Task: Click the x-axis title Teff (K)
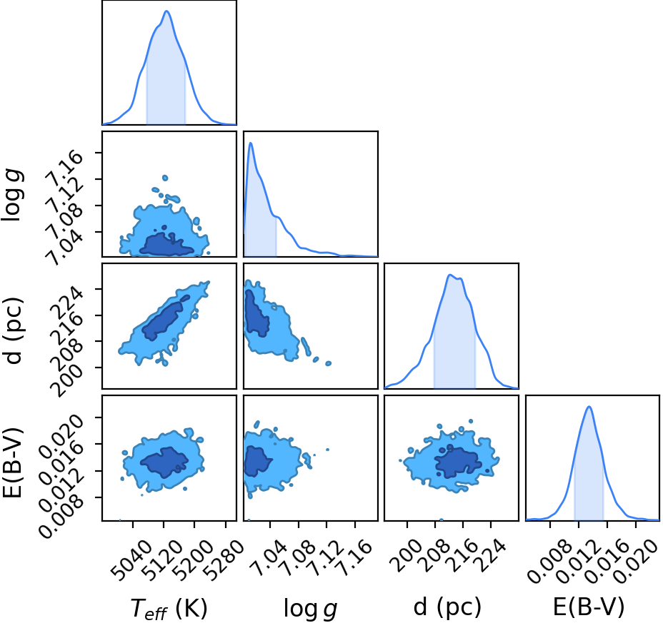tap(169, 609)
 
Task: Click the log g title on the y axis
tap(12, 194)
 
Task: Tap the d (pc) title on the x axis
tap(447, 608)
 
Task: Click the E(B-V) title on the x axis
tap(589, 607)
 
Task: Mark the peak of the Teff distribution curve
tap(166, 11)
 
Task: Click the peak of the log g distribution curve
tap(251, 143)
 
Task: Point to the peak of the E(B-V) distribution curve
tap(589, 407)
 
